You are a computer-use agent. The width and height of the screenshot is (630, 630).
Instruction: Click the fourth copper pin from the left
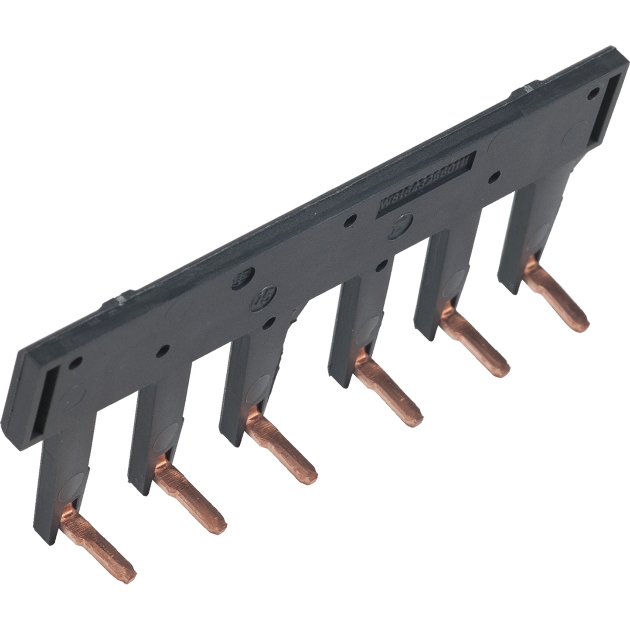click(388, 392)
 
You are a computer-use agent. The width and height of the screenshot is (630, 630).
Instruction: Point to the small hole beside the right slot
click(594, 93)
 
